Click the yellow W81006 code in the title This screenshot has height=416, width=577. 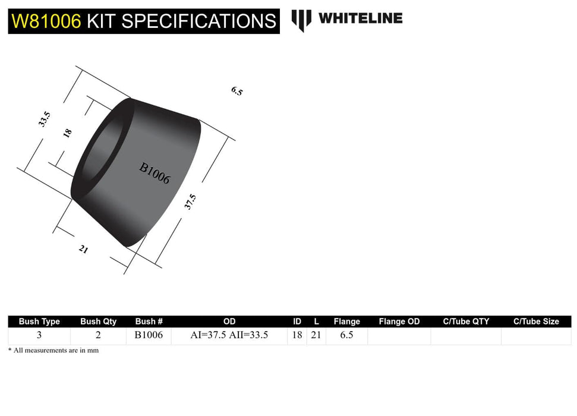[x=46, y=21]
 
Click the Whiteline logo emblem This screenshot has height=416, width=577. [x=301, y=20]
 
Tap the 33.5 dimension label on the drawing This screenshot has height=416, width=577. [x=43, y=119]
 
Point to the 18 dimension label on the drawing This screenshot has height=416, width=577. [x=67, y=133]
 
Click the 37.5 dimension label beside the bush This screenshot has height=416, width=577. [x=190, y=201]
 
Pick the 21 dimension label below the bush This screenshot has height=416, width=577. [x=83, y=250]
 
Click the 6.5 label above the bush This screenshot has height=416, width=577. [x=237, y=91]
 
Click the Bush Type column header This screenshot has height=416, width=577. [x=39, y=322]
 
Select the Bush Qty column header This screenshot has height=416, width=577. [x=99, y=322]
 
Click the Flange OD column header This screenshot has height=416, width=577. [x=399, y=322]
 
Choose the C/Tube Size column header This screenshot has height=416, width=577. [x=536, y=322]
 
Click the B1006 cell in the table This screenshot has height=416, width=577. [x=149, y=335]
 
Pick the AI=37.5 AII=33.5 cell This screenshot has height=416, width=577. [x=229, y=335]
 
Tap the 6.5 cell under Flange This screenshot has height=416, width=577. [x=347, y=335]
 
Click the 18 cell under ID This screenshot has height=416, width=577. [x=297, y=335]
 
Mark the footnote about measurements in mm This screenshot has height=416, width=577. [x=53, y=351]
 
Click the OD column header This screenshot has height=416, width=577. [x=229, y=322]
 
